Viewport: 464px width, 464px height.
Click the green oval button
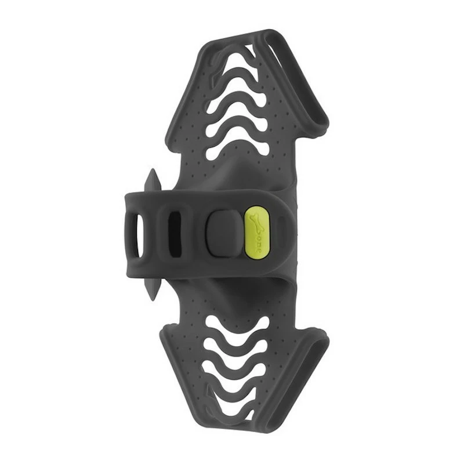click(x=256, y=233)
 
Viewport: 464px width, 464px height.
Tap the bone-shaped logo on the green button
click(x=255, y=223)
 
